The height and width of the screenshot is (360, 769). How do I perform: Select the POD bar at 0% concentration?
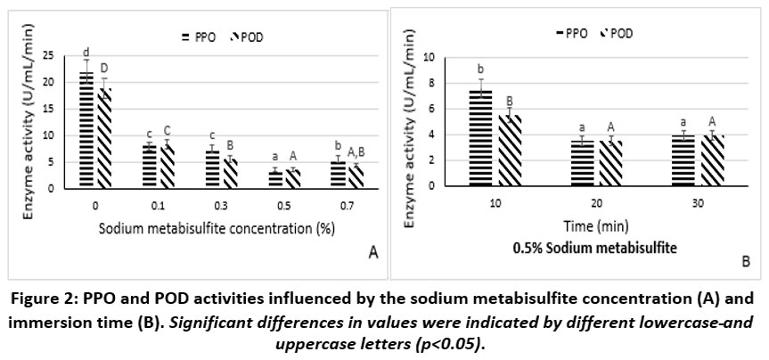103,138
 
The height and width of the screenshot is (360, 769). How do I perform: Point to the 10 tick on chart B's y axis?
435,57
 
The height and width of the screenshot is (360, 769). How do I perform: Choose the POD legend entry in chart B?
616,33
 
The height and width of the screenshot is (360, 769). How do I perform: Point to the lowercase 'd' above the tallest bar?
86,52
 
